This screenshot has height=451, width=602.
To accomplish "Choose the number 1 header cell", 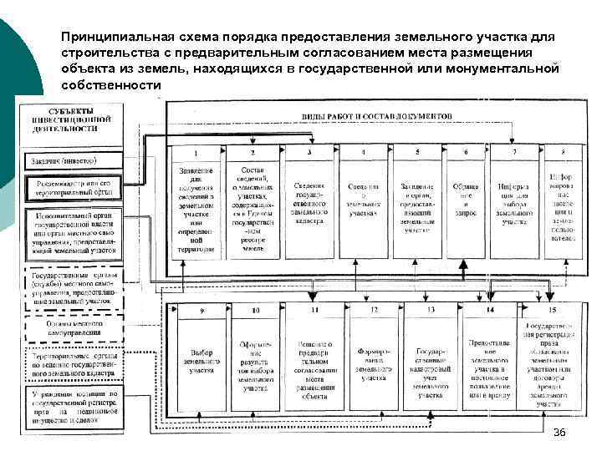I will pyautogui.click(x=195, y=153).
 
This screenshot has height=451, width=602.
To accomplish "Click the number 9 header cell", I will pyautogui.click(x=201, y=312).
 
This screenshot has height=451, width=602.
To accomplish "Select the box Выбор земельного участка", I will pyautogui.click(x=201, y=362).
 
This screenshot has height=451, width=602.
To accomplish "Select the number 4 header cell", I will pyautogui.click(x=363, y=153).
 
